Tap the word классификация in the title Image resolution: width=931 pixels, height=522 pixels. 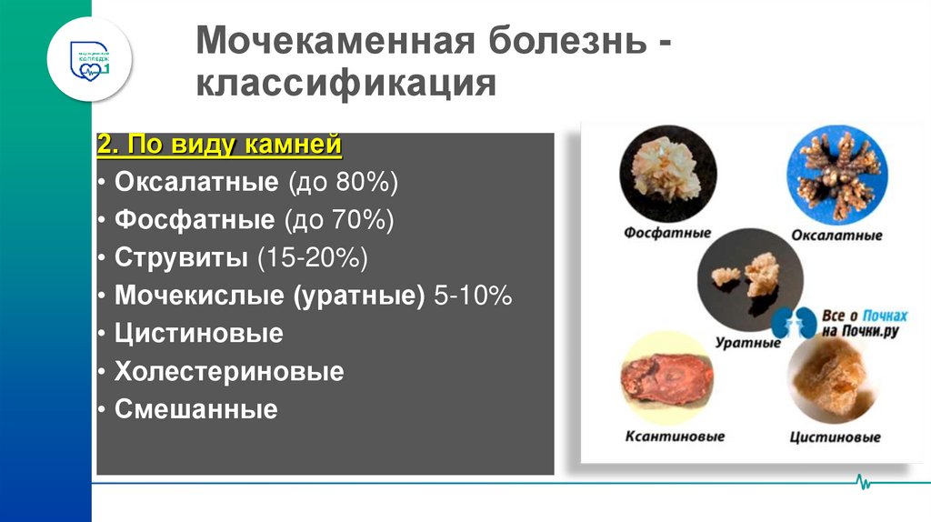[345, 85]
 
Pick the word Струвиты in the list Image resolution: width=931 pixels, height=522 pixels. [181, 258]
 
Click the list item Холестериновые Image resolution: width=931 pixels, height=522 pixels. [229, 372]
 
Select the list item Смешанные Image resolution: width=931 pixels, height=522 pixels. [195, 410]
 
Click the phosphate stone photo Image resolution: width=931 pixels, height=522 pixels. [668, 173]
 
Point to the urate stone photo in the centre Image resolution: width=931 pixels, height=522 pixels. [750, 278]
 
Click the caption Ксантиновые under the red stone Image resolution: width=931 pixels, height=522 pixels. [675, 437]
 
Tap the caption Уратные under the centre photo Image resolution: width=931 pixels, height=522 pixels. [748, 344]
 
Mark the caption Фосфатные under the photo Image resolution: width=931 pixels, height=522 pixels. [667, 233]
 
